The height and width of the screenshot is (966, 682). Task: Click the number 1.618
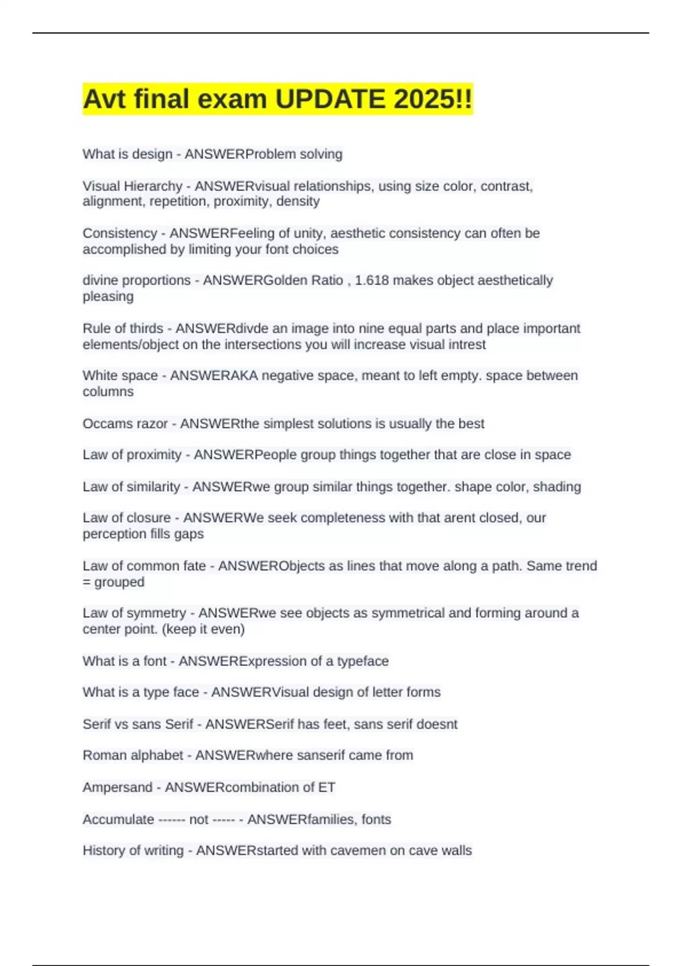pos(372,280)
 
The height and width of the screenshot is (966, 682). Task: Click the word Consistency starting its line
pos(120,233)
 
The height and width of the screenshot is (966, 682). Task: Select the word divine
pos(100,280)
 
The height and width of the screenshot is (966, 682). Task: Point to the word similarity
pos(154,486)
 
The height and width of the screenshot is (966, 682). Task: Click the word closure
pos(147,518)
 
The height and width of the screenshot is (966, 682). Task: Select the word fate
pos(193,566)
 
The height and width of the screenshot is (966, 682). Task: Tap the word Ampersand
pos(118,787)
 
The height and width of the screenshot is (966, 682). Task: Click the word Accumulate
pos(118,819)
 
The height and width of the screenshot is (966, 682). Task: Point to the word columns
pos(108,392)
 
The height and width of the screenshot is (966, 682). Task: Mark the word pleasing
pos(108,297)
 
